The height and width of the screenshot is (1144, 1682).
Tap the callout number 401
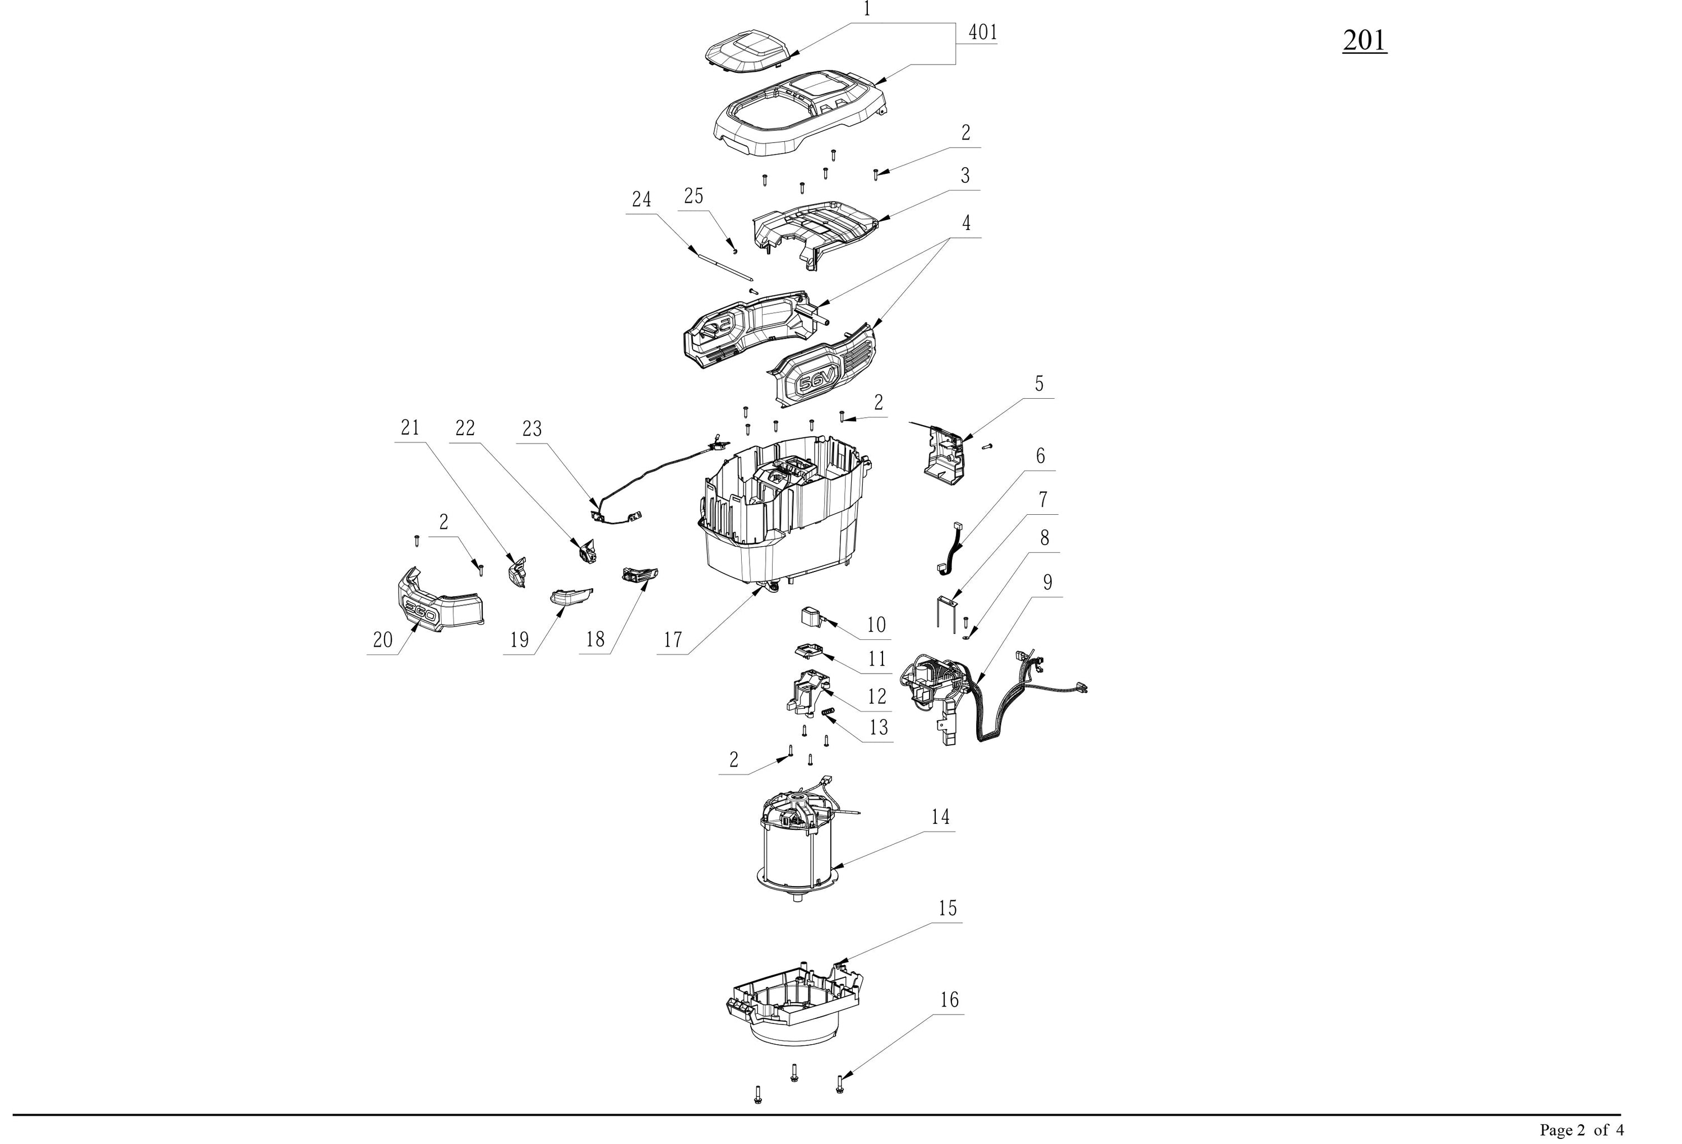[983, 32]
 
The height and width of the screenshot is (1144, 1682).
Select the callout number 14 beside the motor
[940, 817]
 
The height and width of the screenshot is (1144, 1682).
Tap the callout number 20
[382, 639]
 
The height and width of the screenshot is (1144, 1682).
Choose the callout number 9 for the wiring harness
[1047, 582]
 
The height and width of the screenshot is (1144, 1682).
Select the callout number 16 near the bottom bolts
[949, 1000]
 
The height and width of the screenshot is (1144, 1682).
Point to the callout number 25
[694, 196]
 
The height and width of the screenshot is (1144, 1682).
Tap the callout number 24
[641, 199]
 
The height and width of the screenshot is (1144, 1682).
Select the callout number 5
[1039, 384]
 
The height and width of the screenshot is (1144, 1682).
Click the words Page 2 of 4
[1582, 1129]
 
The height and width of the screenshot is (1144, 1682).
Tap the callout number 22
[465, 428]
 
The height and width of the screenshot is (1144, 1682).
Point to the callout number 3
[965, 175]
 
